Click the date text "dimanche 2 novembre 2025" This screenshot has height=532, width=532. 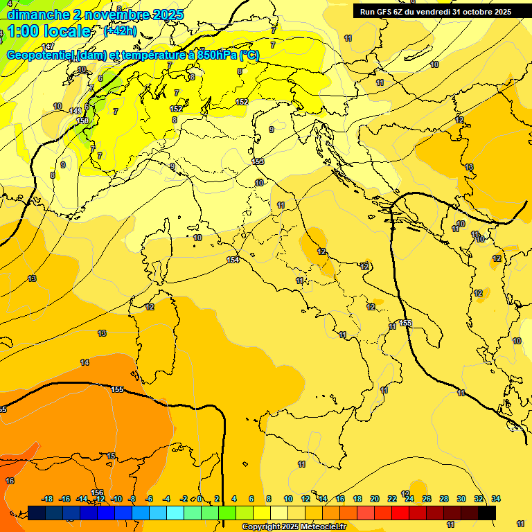pos(96,15)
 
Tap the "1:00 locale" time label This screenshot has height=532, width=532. pos(49,31)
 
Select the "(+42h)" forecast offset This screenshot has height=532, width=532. pos(120,31)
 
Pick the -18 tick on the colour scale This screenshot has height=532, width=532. pos(48,499)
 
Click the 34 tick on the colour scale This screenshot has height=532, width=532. pos(496,499)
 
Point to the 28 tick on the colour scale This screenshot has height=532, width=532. pos(444,499)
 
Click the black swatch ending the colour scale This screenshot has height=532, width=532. pos(487,513)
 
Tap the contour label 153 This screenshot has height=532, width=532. pos(258,161)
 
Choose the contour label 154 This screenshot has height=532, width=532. pos(233,260)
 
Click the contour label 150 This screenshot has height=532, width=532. pos(82,121)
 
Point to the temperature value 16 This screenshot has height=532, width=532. pos(10,481)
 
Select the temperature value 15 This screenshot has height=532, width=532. pos(111,456)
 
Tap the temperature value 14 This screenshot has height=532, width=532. pos(85,362)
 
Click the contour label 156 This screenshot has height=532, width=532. pos(97,493)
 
